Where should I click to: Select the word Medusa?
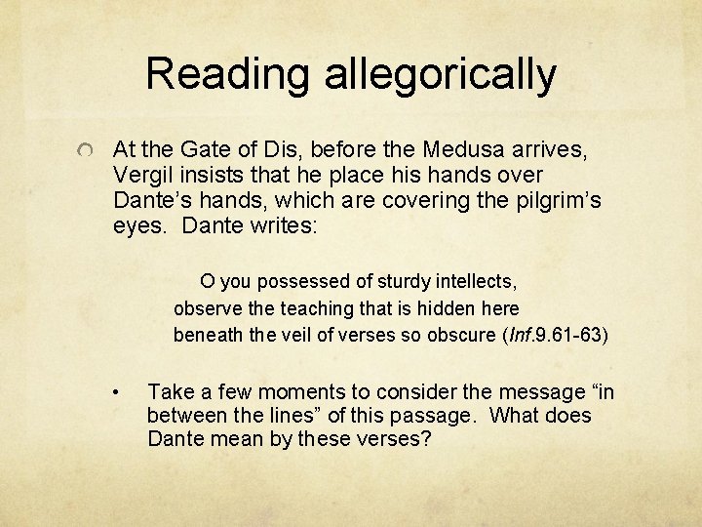point(461,150)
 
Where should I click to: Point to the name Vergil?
point(140,175)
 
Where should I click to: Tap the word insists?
point(207,175)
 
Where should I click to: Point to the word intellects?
point(476,281)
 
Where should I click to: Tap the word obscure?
point(456,335)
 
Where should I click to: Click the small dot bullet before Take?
point(116,393)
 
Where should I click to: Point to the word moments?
point(280,392)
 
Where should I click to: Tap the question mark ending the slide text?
point(426,439)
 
